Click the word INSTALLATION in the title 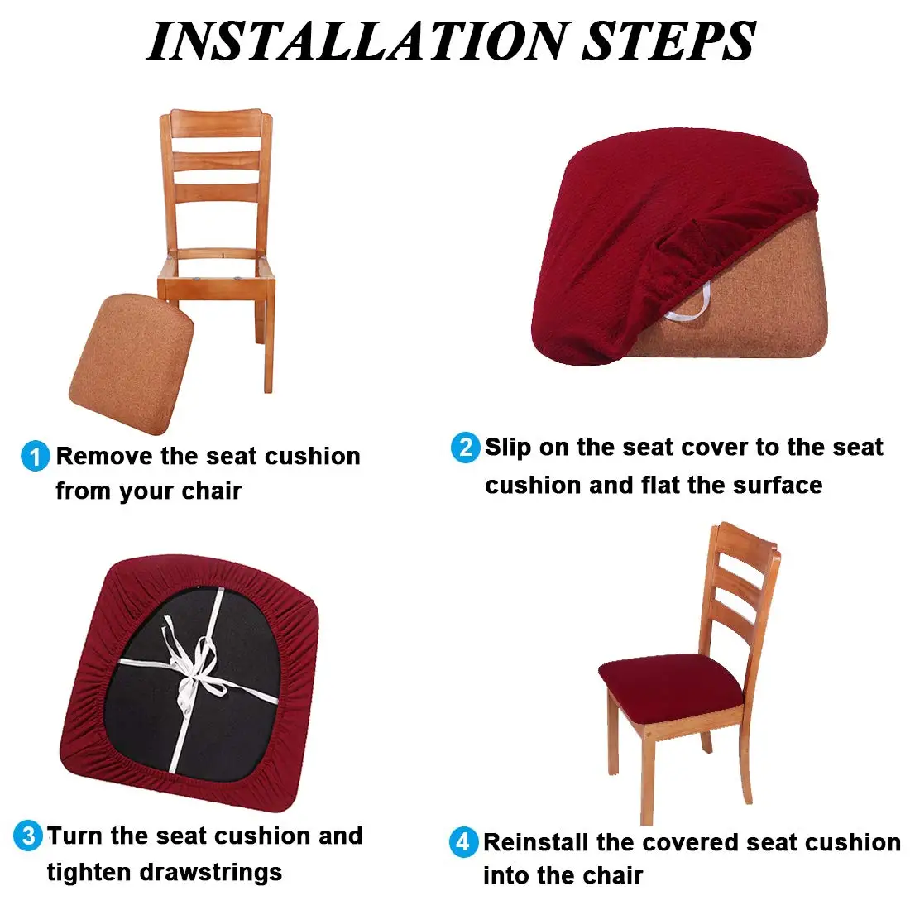pyautogui.click(x=356, y=41)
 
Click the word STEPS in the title pyautogui.click(x=668, y=41)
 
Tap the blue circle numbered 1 pyautogui.click(x=35, y=456)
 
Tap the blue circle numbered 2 pyautogui.click(x=465, y=448)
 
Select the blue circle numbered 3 pyautogui.click(x=28, y=836)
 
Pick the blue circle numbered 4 pyautogui.click(x=463, y=842)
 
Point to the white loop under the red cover pyautogui.click(x=692, y=306)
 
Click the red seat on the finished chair pyautogui.click(x=670, y=682)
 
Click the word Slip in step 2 pyautogui.click(x=507, y=448)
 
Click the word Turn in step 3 pyautogui.click(x=75, y=836)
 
